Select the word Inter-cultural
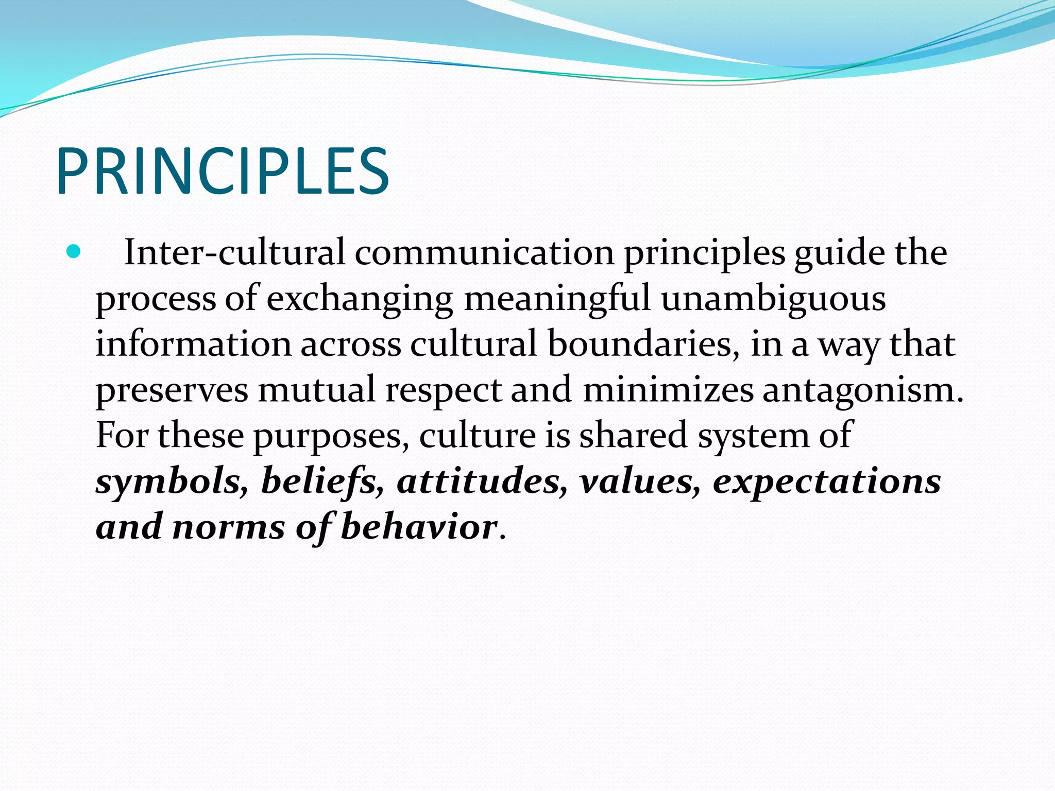coord(234,253)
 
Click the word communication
coord(484,253)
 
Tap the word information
coord(193,344)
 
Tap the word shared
coord(633,435)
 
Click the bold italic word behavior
coord(419,527)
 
